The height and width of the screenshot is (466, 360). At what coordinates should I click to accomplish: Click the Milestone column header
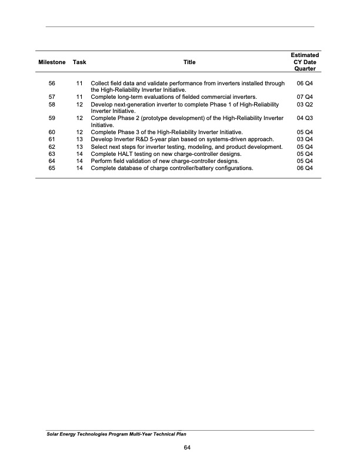[52, 62]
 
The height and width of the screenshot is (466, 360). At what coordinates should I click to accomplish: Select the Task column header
[79, 62]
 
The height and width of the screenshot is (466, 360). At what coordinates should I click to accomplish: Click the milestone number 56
[52, 84]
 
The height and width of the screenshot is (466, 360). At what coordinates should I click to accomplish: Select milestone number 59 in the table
[52, 118]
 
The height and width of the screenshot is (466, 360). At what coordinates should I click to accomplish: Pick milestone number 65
[52, 168]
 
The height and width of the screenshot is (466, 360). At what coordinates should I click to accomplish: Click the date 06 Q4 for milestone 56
[305, 84]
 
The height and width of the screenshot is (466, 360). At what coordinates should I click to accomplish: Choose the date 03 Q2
[305, 104]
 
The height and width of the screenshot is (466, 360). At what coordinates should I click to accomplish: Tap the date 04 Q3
[305, 118]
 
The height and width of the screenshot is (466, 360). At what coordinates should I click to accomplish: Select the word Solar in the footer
[55, 434]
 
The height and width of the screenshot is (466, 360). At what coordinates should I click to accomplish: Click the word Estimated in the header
[305, 55]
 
